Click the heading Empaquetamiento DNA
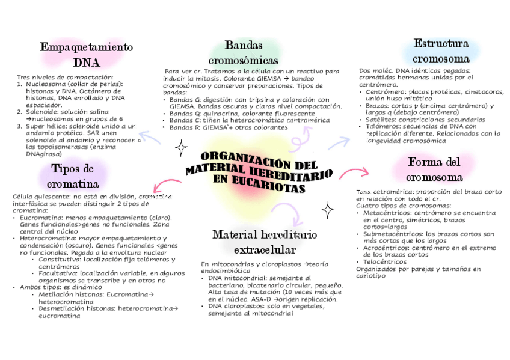click(x=86, y=54)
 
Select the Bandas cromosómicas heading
click(x=243, y=53)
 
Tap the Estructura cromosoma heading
click(x=441, y=51)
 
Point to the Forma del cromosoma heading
click(x=434, y=169)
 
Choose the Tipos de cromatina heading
click(x=73, y=175)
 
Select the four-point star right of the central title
click(x=328, y=210)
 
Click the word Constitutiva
click(x=59, y=260)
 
